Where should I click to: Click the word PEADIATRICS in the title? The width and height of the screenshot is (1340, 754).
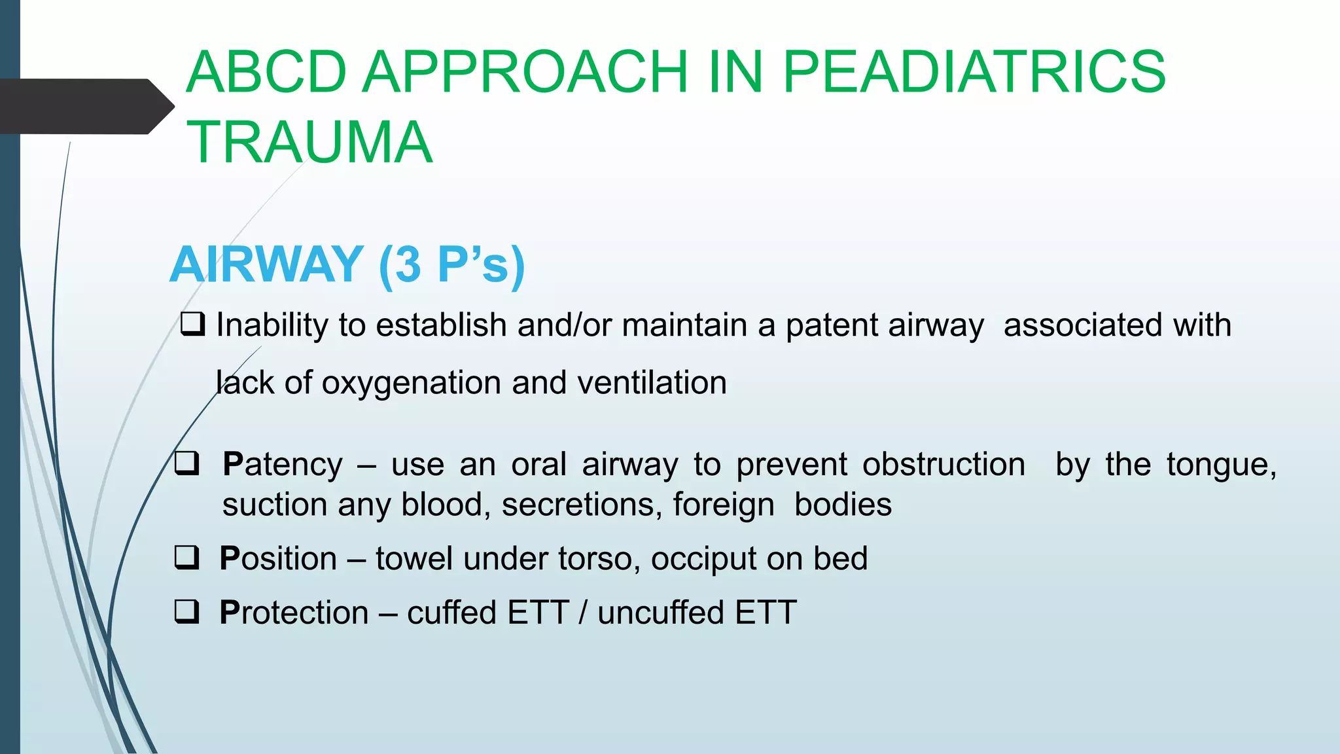coord(974,72)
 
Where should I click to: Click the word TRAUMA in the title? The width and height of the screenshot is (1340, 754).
coord(309,143)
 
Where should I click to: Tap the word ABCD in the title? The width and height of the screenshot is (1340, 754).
coord(266,72)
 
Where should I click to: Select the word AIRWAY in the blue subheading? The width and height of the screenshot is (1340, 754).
coord(267,264)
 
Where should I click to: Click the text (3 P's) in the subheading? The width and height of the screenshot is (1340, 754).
coord(451,264)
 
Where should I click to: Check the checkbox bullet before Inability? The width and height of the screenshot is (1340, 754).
coord(192,324)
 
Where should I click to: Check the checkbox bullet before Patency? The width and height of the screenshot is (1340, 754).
coord(186,463)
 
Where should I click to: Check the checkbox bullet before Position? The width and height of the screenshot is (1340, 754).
coord(186,558)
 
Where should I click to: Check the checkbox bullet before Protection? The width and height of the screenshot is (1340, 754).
coord(186,612)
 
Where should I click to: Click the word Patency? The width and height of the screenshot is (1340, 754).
coord(282,465)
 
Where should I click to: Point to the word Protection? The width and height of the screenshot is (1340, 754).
coord(294,613)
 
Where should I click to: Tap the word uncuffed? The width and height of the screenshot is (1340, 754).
coord(661,613)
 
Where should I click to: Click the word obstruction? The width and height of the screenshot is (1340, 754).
coord(943,465)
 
